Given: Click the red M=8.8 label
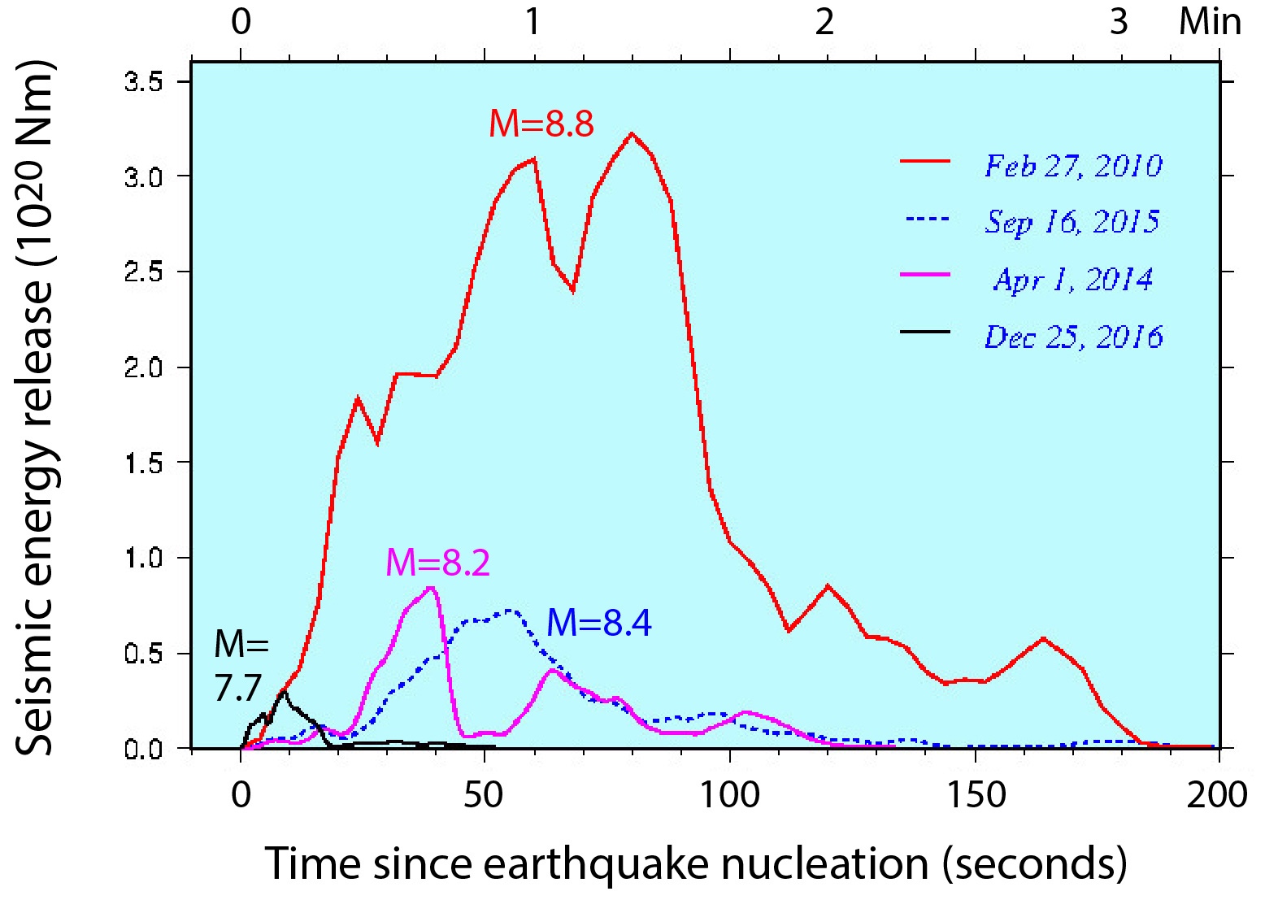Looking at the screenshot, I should pyautogui.click(x=541, y=124).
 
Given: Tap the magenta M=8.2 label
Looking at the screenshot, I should pyautogui.click(x=438, y=562).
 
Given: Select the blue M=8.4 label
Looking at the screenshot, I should pyautogui.click(x=599, y=623).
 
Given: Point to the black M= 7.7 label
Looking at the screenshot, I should pyautogui.click(x=241, y=666).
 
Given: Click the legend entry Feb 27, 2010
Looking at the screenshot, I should pyautogui.click(x=1073, y=166).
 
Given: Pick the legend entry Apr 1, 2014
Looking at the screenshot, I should pyautogui.click(x=1073, y=280).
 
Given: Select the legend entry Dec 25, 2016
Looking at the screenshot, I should pyautogui.click(x=1073, y=337).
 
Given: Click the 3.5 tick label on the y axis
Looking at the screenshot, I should pyautogui.click(x=144, y=82).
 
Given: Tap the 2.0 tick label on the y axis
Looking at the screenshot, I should pyautogui.click(x=144, y=367).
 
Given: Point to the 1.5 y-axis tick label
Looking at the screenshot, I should pyautogui.click(x=144, y=463).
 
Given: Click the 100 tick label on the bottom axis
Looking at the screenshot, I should pyautogui.click(x=730, y=794).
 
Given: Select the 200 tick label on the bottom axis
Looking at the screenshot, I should pyautogui.click(x=1218, y=794).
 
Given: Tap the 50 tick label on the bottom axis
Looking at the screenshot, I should pyautogui.click(x=485, y=794).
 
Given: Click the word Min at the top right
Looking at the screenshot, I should pyautogui.click(x=1211, y=22).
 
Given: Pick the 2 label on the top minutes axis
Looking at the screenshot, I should pyautogui.click(x=826, y=22).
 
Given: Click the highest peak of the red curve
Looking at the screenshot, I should pyautogui.click(x=632, y=133).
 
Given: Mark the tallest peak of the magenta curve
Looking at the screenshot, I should pyautogui.click(x=431, y=587).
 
